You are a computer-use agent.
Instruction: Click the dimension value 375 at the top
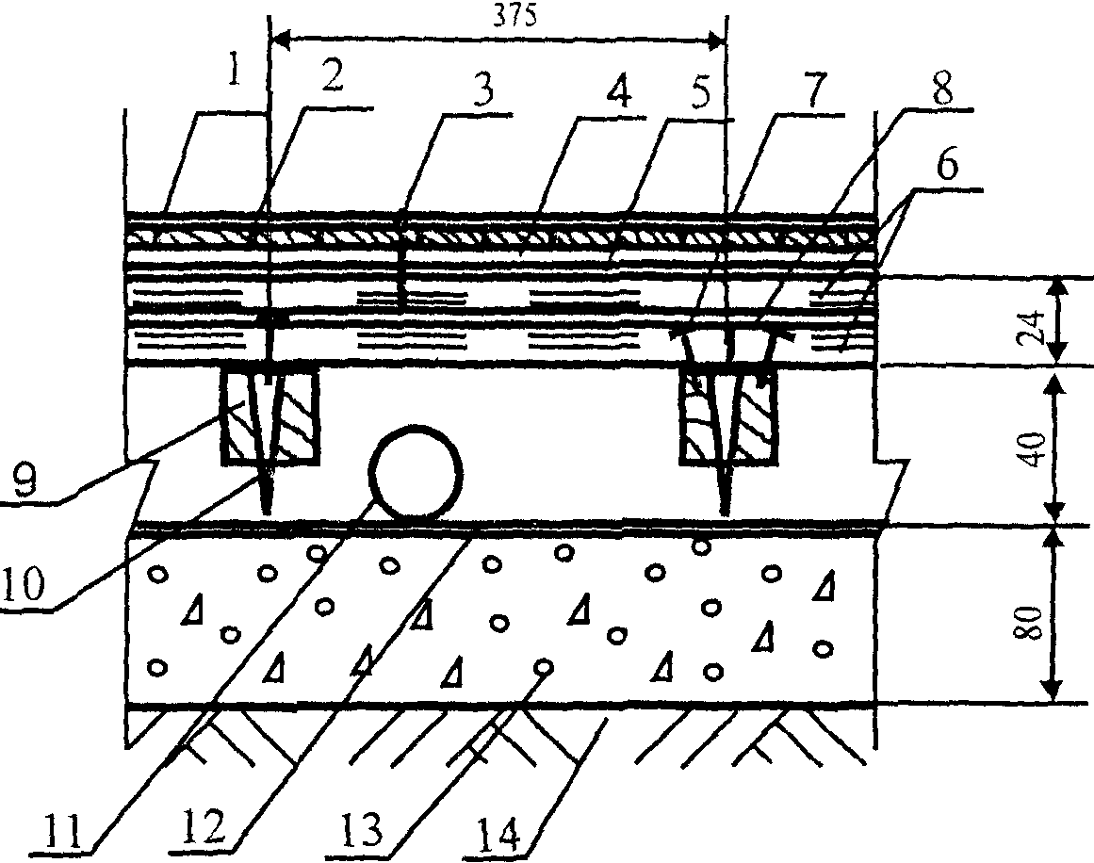(x=514, y=15)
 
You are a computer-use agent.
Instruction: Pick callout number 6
(x=945, y=165)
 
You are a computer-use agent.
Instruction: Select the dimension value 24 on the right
(x=1035, y=325)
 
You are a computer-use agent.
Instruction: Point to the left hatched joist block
(x=270, y=417)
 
